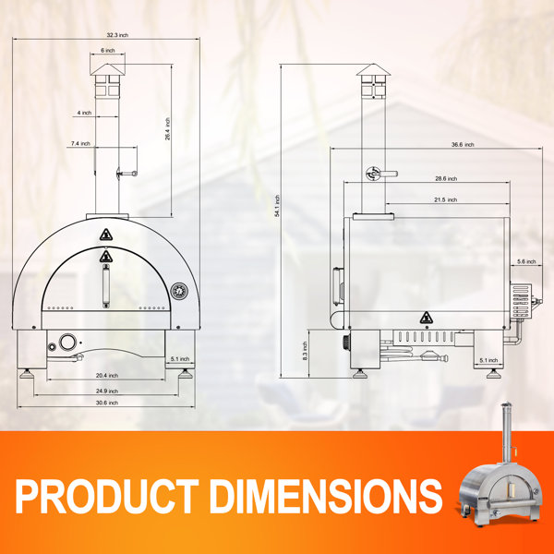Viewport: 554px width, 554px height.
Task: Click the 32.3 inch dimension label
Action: click(x=117, y=35)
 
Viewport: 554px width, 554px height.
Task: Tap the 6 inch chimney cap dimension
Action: click(x=108, y=51)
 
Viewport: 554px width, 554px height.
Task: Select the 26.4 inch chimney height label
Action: click(x=167, y=129)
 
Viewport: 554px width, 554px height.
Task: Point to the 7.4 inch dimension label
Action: click(x=80, y=143)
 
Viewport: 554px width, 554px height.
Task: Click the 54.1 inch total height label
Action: click(x=277, y=206)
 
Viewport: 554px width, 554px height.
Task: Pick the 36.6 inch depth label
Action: click(x=463, y=145)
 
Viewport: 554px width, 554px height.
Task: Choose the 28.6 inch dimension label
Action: click(x=446, y=179)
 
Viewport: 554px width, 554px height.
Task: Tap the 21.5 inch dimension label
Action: click(x=446, y=200)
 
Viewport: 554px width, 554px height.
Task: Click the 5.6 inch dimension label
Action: click(x=526, y=262)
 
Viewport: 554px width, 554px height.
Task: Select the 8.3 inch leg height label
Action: click(x=306, y=351)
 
